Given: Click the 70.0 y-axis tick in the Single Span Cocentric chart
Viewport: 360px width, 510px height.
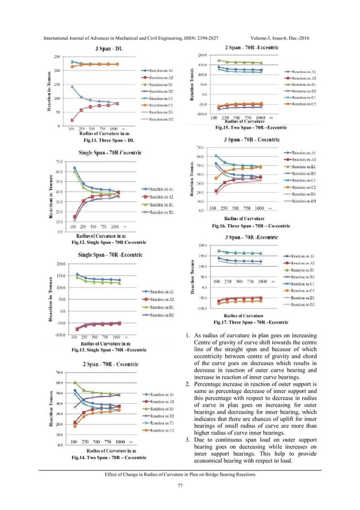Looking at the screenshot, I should point(60,162).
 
